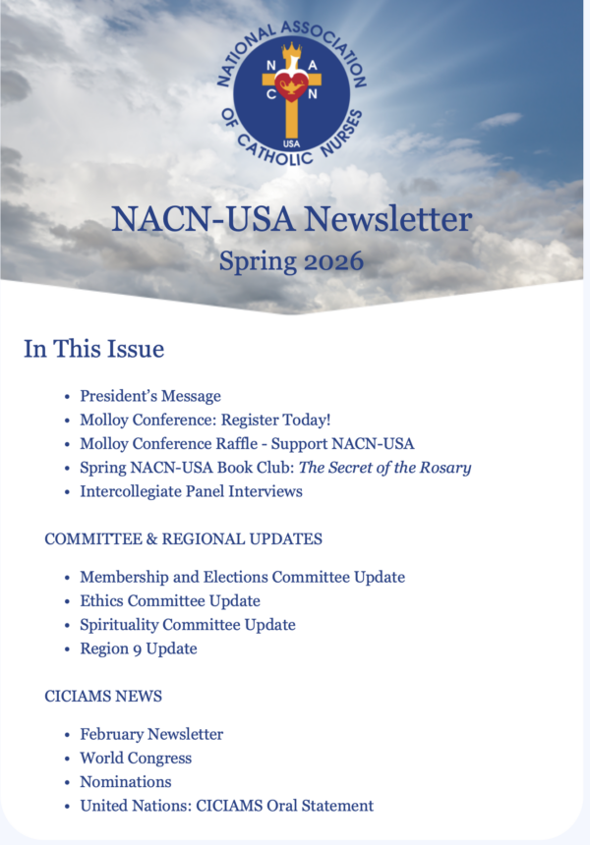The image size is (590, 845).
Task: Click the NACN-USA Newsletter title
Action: click(x=292, y=219)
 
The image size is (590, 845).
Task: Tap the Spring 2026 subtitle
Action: click(x=292, y=262)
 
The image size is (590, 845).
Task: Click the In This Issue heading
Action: click(x=94, y=349)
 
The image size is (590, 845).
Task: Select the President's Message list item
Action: click(x=150, y=396)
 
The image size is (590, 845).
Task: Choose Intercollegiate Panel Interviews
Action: click(x=191, y=491)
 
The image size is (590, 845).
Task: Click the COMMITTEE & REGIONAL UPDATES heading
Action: click(x=184, y=538)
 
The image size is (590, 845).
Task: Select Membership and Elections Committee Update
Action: click(x=242, y=577)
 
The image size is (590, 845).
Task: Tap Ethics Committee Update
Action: click(x=170, y=600)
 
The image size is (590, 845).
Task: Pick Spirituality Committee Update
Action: click(x=188, y=625)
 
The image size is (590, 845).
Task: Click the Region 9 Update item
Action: click(x=139, y=648)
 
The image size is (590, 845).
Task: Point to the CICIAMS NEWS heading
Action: click(x=103, y=696)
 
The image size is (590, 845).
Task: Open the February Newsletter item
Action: click(x=151, y=734)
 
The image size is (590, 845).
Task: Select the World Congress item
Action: click(x=136, y=758)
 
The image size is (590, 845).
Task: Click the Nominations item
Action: click(x=126, y=782)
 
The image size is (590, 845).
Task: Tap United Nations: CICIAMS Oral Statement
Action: click(x=227, y=806)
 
